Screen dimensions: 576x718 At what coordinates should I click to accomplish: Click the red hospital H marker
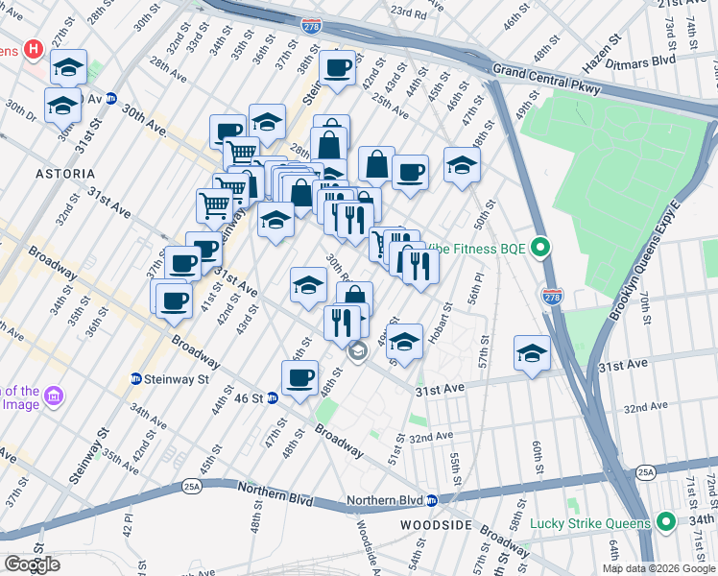click(x=34, y=48)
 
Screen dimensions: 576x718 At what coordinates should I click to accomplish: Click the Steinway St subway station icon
click(x=136, y=379)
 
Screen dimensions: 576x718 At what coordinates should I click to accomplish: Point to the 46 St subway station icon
click(x=273, y=397)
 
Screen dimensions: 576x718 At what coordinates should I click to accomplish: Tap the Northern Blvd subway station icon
click(x=432, y=500)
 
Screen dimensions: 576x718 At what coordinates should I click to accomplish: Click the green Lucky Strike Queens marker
click(x=666, y=523)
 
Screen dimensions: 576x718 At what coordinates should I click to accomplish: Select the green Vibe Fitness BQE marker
click(x=540, y=249)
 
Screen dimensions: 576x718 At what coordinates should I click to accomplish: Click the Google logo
click(x=32, y=564)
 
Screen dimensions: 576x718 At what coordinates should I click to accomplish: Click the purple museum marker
click(x=54, y=396)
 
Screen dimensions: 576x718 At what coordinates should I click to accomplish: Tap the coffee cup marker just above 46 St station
click(x=301, y=376)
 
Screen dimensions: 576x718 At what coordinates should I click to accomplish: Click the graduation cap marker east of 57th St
click(x=531, y=352)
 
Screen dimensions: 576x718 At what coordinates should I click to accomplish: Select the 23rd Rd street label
click(x=408, y=13)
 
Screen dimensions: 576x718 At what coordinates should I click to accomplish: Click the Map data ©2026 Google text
click(x=658, y=568)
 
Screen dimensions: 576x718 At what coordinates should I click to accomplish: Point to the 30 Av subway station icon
click(x=111, y=98)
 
